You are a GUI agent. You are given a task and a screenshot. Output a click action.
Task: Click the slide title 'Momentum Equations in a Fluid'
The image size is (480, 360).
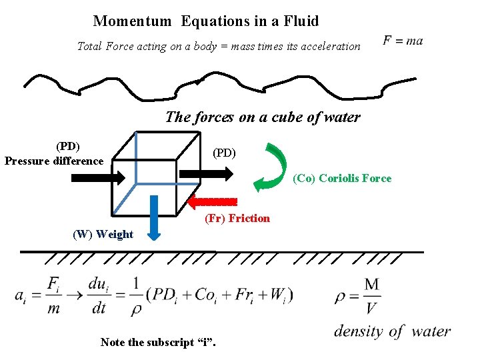206,21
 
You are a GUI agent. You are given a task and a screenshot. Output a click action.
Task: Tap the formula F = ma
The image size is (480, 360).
403,41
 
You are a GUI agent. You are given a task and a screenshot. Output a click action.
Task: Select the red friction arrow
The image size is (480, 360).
213,201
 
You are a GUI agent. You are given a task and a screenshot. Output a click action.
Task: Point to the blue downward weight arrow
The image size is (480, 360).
154,217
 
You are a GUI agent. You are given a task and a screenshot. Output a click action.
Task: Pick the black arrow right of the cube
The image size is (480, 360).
207,173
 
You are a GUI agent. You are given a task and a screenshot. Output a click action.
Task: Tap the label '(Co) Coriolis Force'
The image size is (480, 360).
342,178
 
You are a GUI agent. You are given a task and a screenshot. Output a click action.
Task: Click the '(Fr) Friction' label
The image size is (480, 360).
237,218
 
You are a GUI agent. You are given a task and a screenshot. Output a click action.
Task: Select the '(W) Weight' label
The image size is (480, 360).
103,234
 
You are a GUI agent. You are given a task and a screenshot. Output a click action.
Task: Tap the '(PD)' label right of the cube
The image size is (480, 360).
224,152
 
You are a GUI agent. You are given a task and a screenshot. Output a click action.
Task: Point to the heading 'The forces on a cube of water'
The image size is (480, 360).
262,117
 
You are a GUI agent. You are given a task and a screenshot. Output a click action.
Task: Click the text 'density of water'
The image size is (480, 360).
392,331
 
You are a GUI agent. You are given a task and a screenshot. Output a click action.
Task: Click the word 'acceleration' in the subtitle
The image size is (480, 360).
327,47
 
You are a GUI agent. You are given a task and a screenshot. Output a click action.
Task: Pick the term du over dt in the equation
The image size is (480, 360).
98,294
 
